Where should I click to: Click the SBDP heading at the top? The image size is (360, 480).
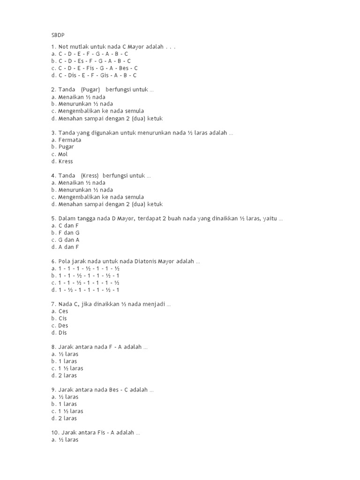pyautogui.click(x=58, y=35)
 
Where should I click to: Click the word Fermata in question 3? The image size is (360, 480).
pyautogui.click(x=69, y=140)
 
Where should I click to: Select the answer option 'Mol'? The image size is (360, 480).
pyautogui.click(x=63, y=154)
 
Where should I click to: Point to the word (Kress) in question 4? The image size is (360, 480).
pyautogui.click(x=90, y=176)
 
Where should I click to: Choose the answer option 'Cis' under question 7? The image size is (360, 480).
pyautogui.click(x=62, y=318)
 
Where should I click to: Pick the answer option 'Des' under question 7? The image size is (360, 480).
pyautogui.click(x=63, y=325)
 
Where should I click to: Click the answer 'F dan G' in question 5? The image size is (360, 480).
pyautogui.click(x=68, y=232)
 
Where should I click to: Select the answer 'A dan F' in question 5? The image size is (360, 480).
pyautogui.click(x=68, y=247)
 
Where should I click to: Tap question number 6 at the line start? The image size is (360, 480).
pyautogui.click(x=53, y=261)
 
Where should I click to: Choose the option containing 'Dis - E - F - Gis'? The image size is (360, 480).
pyautogui.click(x=97, y=75)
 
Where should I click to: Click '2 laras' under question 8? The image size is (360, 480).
pyautogui.click(x=67, y=375)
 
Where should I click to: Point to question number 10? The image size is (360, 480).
pyautogui.click(x=55, y=433)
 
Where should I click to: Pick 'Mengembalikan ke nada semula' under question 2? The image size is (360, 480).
pyautogui.click(x=101, y=111)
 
